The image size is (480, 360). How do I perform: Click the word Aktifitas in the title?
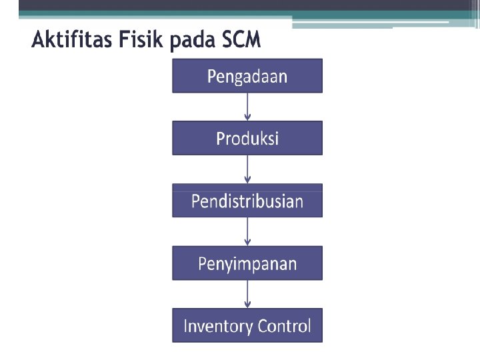pyautogui.click(x=72, y=41)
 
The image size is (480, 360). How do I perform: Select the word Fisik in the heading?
pyautogui.click(x=143, y=41)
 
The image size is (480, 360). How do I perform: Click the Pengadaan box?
pyautogui.click(x=247, y=76)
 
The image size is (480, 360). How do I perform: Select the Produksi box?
pyautogui.click(x=247, y=138)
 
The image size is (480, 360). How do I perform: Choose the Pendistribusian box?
pyautogui.click(x=247, y=201)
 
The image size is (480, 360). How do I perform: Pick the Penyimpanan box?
pyautogui.click(x=247, y=263)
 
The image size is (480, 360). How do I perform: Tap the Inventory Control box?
pyautogui.click(x=247, y=326)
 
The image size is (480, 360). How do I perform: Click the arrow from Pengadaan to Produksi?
pyautogui.click(x=247, y=106)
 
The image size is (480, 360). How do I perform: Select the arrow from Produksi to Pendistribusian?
pyautogui.click(x=247, y=169)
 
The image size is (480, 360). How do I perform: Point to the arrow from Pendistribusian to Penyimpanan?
pyautogui.click(x=247, y=231)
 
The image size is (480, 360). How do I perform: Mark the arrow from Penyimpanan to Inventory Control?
pyautogui.click(x=247, y=293)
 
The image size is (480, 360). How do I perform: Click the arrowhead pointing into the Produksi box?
pyautogui.click(x=247, y=117)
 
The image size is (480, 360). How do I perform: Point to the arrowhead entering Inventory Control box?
pyautogui.click(x=247, y=305)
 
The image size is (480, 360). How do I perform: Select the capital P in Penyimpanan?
pyautogui.click(x=202, y=263)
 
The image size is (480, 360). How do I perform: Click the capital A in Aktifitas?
pyautogui.click(x=39, y=40)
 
